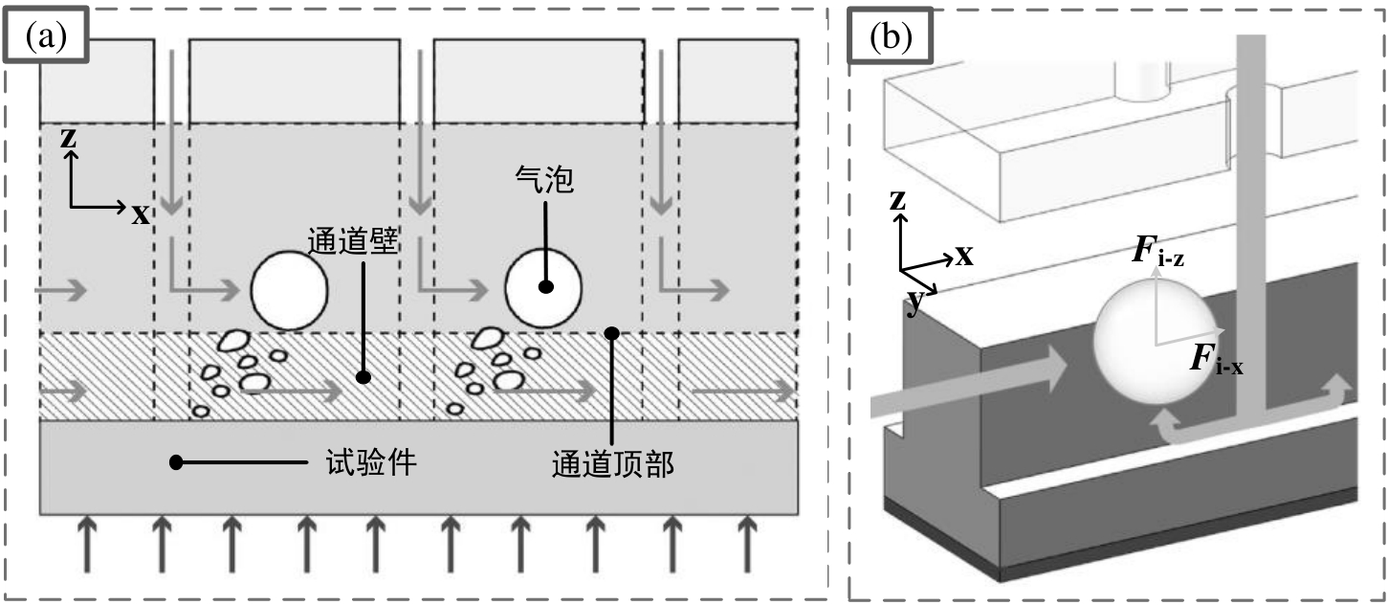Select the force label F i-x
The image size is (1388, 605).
(1215, 361)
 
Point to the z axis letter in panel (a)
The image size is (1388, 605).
(68, 138)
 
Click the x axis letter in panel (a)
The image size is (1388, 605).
(141, 214)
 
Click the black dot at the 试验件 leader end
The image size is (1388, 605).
(176, 463)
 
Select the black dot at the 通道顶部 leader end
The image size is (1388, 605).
(613, 333)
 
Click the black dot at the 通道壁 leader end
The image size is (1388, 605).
(364, 377)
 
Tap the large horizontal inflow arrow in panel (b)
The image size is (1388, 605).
(966, 382)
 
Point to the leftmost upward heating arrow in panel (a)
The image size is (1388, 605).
(87, 542)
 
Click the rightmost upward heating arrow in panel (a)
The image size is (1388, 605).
(746, 542)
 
